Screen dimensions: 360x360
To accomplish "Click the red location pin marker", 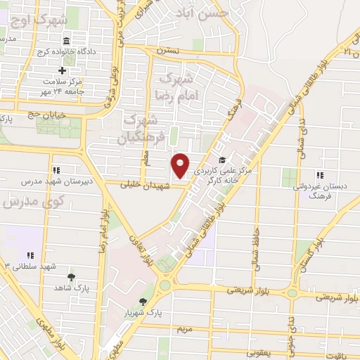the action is (181, 165).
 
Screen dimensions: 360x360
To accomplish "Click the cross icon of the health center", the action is (63, 70).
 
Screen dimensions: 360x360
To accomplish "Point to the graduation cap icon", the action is (222, 160).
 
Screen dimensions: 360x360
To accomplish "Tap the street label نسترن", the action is (169, 51).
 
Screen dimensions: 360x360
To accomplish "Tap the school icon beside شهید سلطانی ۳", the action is (30, 255).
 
